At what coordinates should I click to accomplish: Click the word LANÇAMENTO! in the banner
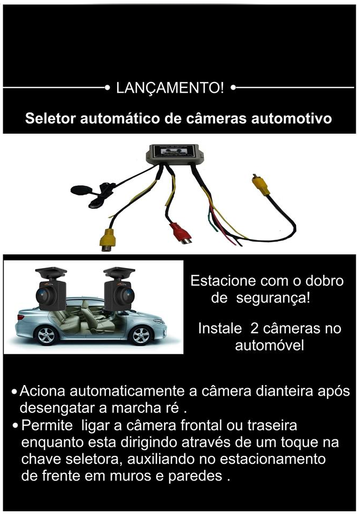(x=170, y=88)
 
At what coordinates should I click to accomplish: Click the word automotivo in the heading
(x=292, y=118)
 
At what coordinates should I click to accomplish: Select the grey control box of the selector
(x=173, y=154)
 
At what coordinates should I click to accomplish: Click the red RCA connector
(x=181, y=233)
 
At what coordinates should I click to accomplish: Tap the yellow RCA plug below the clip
(x=108, y=240)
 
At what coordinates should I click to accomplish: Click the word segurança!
(x=273, y=298)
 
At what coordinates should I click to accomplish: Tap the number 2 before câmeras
(x=254, y=329)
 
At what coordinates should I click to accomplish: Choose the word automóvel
(x=269, y=346)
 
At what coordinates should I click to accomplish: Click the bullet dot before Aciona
(x=14, y=392)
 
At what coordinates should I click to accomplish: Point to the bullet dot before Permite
(x=15, y=426)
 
